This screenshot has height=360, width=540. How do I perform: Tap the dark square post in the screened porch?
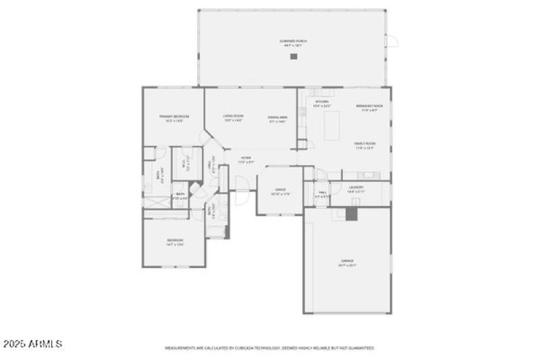tap(294, 57)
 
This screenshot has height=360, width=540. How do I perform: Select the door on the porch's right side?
tap(391, 42)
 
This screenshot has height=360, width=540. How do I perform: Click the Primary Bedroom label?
tap(174, 118)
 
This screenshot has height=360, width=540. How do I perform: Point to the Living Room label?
tap(234, 118)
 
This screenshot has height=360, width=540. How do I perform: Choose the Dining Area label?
tap(277, 119)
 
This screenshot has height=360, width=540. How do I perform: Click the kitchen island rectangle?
tap(331, 126)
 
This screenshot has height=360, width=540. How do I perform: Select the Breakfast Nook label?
tap(369, 107)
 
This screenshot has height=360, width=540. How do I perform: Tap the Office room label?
tap(280, 191)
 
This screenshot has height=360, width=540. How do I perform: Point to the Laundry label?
tap(356, 189)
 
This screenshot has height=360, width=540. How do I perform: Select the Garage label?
tap(347, 262)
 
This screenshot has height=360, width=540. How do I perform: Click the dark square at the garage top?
tap(350, 213)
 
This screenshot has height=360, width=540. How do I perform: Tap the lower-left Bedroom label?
tap(175, 242)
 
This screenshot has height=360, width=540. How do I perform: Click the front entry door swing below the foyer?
tap(240, 184)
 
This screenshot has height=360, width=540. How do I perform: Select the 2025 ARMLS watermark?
tap(32, 344)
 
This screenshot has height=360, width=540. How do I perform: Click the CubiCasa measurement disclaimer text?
tap(270, 348)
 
